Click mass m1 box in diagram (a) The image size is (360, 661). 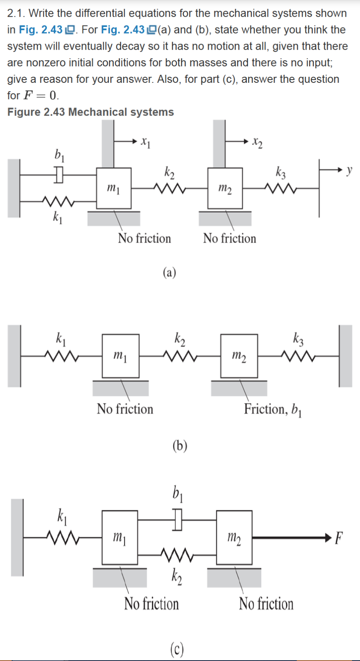pyautogui.click(x=114, y=188)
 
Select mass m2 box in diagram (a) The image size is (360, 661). pyautogui.click(x=225, y=188)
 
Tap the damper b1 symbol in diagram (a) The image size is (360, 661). pyautogui.click(x=59, y=175)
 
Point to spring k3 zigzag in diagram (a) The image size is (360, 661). pyautogui.click(x=281, y=188)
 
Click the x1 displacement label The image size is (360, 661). pyautogui.click(x=146, y=142)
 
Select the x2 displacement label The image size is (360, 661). pyautogui.click(x=257, y=142)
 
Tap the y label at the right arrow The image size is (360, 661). pyautogui.click(x=349, y=170)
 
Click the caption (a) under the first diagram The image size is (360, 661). pyautogui.click(x=169, y=273)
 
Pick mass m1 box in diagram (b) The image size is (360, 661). pyautogui.click(x=120, y=356)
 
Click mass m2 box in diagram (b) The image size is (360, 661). pyautogui.click(x=239, y=356)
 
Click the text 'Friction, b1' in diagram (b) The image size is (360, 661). pyautogui.click(x=273, y=409)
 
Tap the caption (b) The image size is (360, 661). pyautogui.click(x=180, y=445)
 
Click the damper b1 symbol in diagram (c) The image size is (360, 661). pyautogui.click(x=177, y=519)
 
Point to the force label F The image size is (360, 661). pyautogui.click(x=338, y=538)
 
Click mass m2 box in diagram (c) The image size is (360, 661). pyautogui.click(x=234, y=537)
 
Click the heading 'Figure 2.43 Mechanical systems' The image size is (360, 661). pyautogui.click(x=90, y=112)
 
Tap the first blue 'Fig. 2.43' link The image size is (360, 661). pyautogui.click(x=41, y=30)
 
